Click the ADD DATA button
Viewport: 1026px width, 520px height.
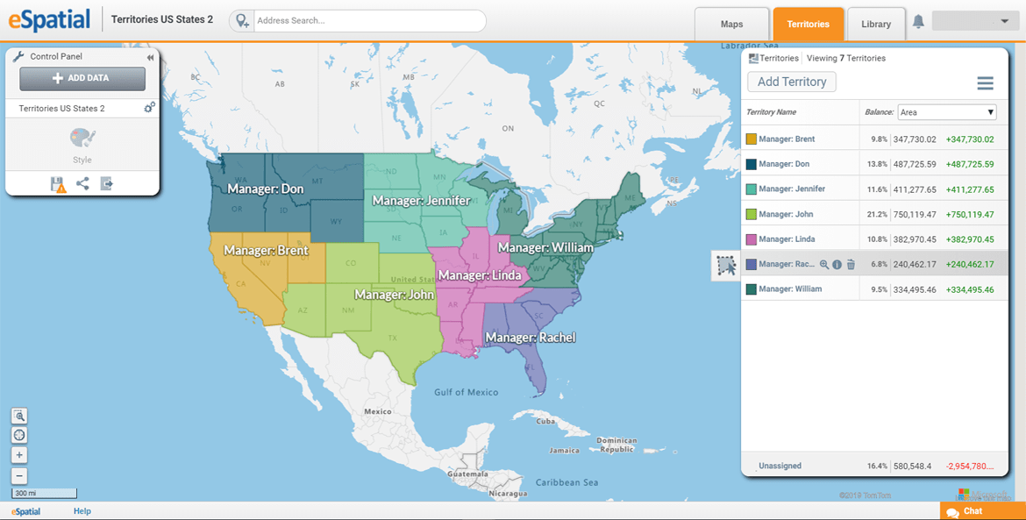click(x=82, y=78)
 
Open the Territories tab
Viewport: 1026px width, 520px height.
click(x=808, y=25)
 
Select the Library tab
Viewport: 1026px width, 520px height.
click(x=875, y=25)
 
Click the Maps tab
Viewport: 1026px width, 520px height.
click(x=731, y=25)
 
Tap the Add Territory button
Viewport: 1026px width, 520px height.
click(x=792, y=82)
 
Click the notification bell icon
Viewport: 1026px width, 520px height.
click(x=918, y=22)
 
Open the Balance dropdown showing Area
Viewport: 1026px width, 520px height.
click(x=946, y=112)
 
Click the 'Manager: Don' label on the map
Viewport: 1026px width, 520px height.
click(x=266, y=189)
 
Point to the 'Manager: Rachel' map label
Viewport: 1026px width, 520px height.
click(x=531, y=338)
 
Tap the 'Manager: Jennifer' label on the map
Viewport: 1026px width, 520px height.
click(x=421, y=201)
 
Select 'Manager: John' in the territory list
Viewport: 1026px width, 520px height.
click(x=786, y=214)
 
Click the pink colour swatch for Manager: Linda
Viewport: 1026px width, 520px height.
click(x=752, y=239)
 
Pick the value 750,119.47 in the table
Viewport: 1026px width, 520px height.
click(x=915, y=214)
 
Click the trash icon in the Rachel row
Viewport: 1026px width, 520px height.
click(x=851, y=264)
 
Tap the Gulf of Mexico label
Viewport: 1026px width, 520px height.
click(x=466, y=393)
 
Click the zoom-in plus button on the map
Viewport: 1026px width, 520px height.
click(x=19, y=455)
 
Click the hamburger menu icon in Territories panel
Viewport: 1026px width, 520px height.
click(x=985, y=83)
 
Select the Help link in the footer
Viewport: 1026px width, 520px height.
click(x=82, y=511)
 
